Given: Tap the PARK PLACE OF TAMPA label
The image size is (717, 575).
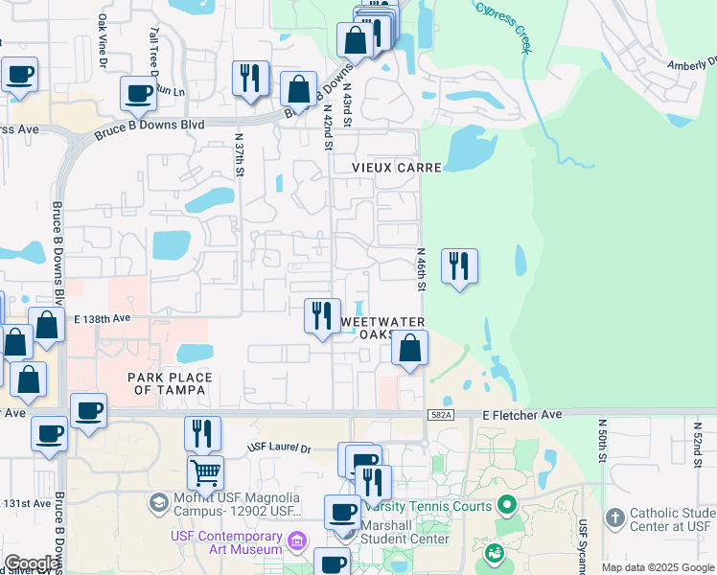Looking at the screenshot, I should (x=168, y=383).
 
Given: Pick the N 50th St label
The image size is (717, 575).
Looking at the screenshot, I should (x=603, y=441).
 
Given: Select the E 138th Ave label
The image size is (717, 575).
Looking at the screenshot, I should (x=102, y=318).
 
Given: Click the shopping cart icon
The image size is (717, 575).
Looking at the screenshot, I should (x=204, y=471).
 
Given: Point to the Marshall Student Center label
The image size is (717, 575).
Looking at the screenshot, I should (x=404, y=539).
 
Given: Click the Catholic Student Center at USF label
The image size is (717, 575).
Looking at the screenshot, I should (x=670, y=519).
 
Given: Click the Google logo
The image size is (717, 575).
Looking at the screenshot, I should (x=33, y=563).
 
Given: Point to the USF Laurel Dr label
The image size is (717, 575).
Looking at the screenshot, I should (x=280, y=448).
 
